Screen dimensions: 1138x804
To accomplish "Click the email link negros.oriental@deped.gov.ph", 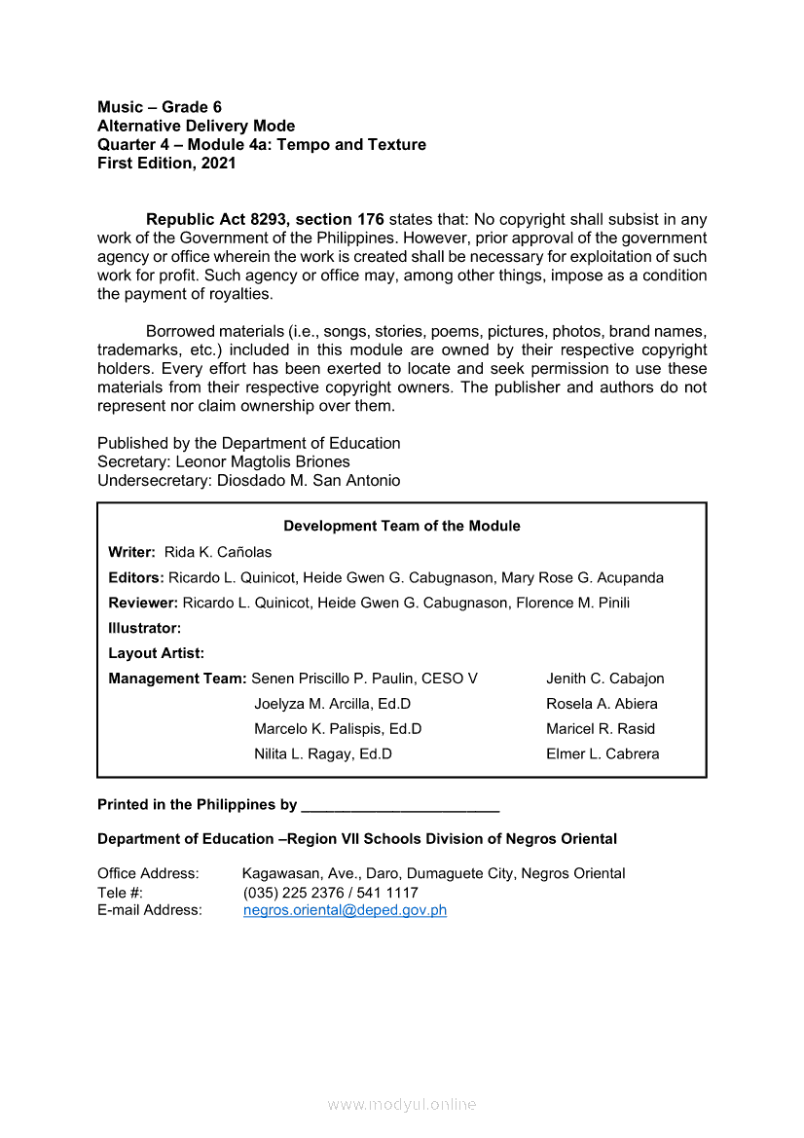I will tap(345, 910).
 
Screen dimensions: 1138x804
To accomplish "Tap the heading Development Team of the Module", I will tap(402, 526).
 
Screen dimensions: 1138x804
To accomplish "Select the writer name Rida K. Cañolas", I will tap(218, 552).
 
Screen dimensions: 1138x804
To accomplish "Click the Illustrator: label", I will tap(145, 628).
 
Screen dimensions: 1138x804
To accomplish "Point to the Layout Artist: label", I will tap(157, 653).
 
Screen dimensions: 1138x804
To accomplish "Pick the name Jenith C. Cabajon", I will tap(605, 679).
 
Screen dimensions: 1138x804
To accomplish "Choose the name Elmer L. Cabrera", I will tap(603, 753).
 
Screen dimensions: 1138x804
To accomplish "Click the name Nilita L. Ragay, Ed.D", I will tap(323, 753).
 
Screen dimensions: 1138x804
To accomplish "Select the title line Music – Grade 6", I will tap(160, 107).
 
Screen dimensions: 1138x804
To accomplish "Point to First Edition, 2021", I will tap(166, 164).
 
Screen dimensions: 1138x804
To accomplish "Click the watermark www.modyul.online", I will tap(402, 1104).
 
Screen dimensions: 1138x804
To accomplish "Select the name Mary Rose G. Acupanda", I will tap(582, 577).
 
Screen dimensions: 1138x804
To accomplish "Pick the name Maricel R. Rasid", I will tap(601, 728).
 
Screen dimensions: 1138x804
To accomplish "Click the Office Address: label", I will tap(148, 873).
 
